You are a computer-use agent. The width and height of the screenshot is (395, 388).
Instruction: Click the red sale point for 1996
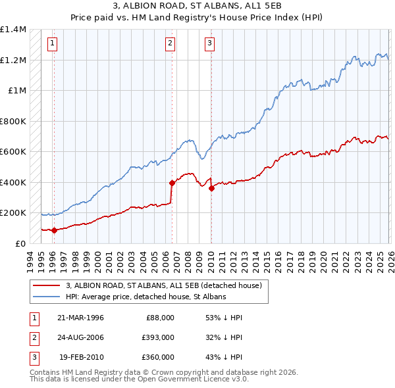pos(54,230)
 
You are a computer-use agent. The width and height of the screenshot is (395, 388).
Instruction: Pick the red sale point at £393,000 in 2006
pos(172,183)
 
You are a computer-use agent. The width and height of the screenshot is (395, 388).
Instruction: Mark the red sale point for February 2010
pos(211,189)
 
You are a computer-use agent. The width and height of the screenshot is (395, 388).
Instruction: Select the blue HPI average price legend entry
pos(145,297)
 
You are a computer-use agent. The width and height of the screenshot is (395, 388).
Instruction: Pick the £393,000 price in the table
pos(158,337)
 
